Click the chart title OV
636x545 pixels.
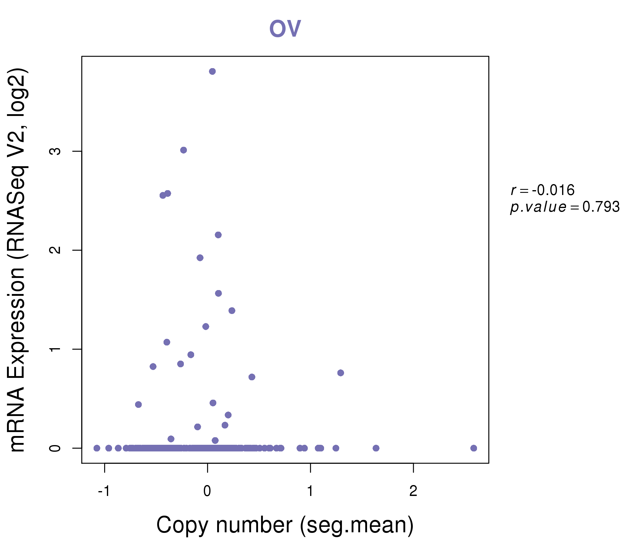[x=285, y=28]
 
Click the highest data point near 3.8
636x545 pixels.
[x=212, y=71]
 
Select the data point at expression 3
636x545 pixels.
[x=184, y=150]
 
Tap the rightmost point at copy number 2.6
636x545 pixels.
[x=474, y=448]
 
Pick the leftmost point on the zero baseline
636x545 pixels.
[x=97, y=448]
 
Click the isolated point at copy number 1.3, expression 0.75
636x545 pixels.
[x=340, y=373]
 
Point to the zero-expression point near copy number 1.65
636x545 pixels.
[x=376, y=448]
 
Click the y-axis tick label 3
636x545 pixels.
[x=55, y=151]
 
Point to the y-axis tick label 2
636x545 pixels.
[x=55, y=250]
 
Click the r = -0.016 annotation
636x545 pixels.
[x=542, y=190]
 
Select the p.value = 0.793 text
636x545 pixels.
[x=565, y=207]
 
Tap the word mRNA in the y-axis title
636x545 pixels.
[x=17, y=421]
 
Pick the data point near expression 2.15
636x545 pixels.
[x=218, y=235]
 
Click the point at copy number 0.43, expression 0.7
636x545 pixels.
[x=252, y=377]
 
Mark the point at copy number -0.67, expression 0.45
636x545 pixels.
[x=138, y=405]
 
